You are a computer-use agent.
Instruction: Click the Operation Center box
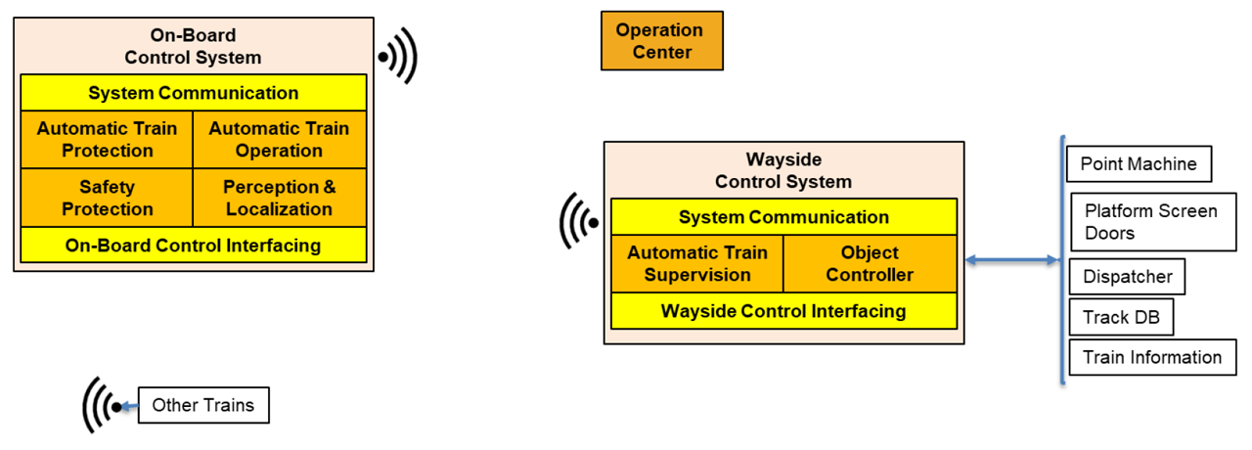coord(661,41)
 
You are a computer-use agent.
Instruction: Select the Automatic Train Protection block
coord(108,139)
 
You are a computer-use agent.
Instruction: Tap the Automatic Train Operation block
coord(279,139)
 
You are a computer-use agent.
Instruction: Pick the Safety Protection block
coord(108,198)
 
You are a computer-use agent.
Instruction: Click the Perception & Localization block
coord(279,198)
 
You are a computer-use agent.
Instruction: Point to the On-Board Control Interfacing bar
coord(193,246)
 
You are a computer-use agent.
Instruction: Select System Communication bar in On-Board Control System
coord(193,93)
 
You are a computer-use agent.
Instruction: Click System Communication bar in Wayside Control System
coord(783,217)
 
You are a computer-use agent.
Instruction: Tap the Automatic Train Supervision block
coord(696,264)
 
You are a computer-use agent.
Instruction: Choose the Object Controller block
coord(870,264)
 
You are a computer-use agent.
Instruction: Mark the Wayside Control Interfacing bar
coord(783,311)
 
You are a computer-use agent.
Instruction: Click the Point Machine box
coord(1139,163)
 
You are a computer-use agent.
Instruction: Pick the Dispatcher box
coord(1127,277)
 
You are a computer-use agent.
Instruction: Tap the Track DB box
coord(1120,317)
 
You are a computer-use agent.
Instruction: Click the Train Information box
coord(1151,357)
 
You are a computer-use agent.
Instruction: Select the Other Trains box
coord(202,405)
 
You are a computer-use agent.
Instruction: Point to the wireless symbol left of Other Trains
coord(101,405)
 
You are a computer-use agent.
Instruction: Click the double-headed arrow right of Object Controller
coord(1010,260)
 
